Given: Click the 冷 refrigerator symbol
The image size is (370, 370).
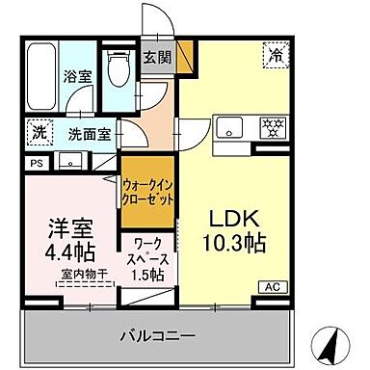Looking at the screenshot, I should [276, 56].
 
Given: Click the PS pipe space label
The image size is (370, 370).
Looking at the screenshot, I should [37, 164].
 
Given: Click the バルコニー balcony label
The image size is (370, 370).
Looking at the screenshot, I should [157, 336].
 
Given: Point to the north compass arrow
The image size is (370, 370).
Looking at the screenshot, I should [330, 342].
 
